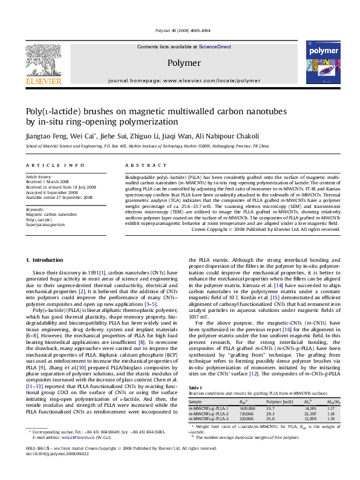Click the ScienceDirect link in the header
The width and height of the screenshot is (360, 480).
(x=215, y=47)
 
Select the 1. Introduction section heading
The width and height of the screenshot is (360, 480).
(x=47, y=260)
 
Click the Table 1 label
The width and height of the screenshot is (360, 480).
(x=196, y=388)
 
